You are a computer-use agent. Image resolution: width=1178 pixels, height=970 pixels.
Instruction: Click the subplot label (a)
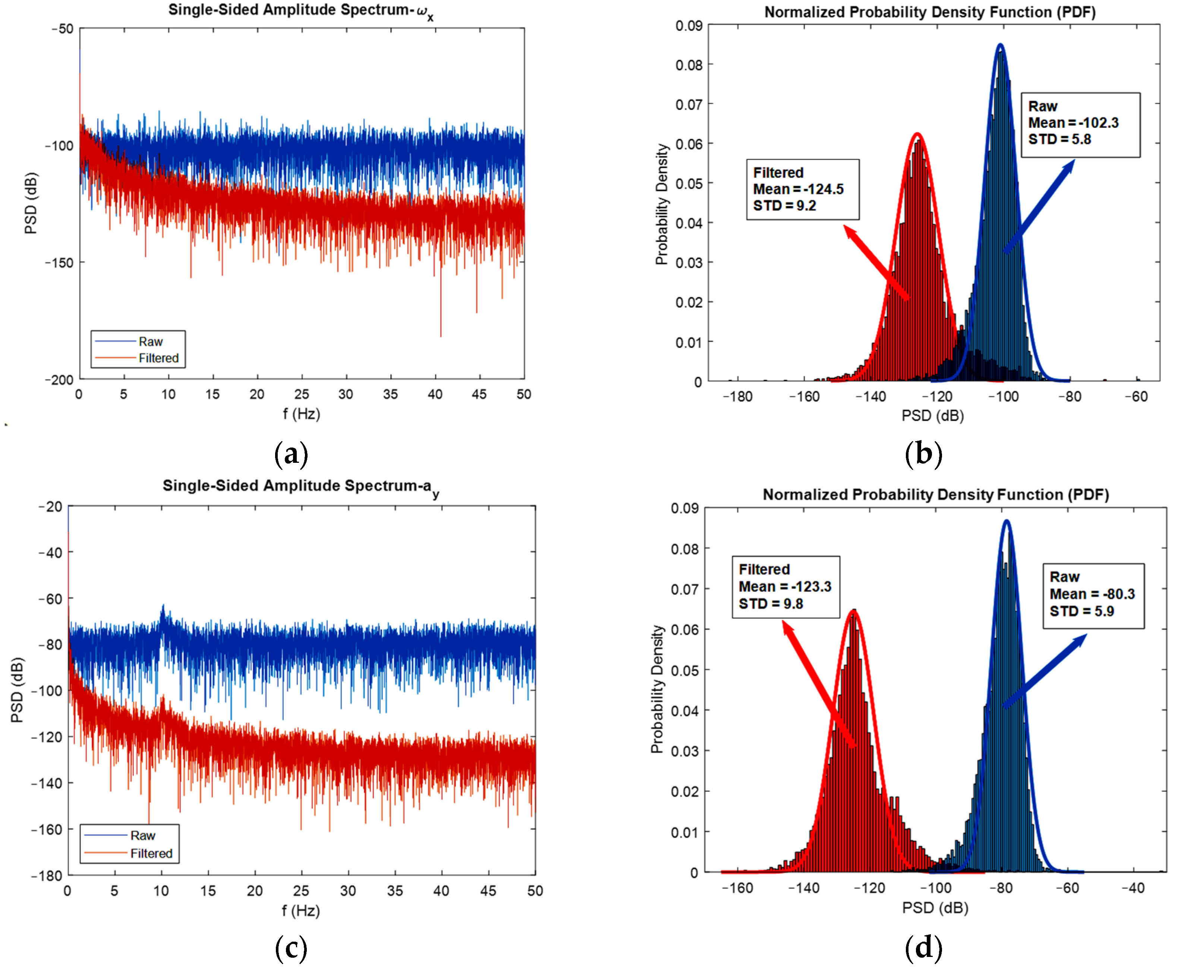click(291, 454)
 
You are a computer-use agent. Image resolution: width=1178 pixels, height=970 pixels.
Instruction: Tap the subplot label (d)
click(923, 947)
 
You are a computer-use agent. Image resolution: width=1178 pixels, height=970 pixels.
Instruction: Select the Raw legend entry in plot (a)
click(150, 341)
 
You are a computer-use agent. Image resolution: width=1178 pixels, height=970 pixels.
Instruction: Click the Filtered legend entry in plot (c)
click(151, 853)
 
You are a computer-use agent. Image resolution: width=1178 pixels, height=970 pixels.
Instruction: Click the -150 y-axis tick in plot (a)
click(59, 263)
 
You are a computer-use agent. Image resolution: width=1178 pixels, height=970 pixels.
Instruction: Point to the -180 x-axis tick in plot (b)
click(737, 397)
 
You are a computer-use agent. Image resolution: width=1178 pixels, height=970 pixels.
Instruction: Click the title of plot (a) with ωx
click(300, 11)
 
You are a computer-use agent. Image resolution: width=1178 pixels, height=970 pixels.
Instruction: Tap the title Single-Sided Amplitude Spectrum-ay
click(300, 486)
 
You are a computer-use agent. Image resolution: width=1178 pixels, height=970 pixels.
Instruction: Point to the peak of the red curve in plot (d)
click(853, 610)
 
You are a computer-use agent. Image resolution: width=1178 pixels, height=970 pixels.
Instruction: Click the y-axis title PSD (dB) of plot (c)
click(17, 690)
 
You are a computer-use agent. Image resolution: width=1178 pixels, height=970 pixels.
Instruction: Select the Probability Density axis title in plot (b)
click(662, 204)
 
